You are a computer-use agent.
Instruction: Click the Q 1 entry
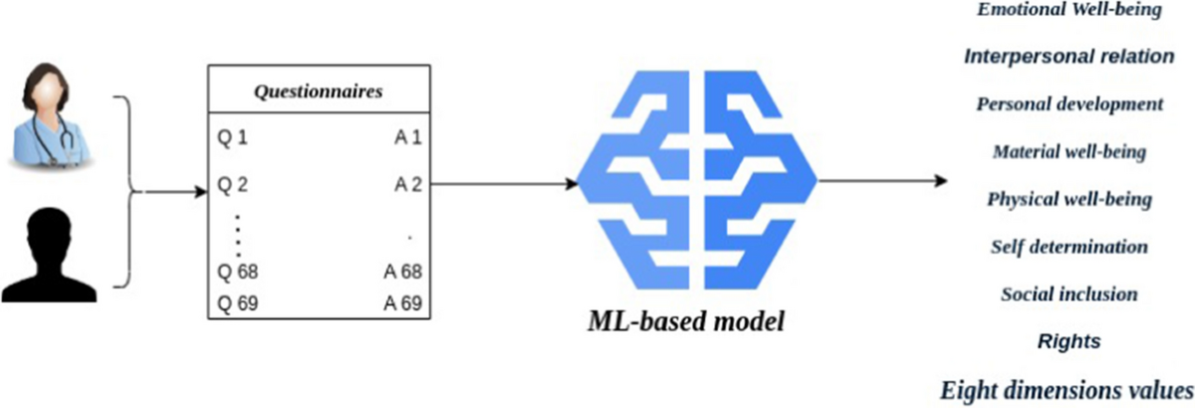[232, 136]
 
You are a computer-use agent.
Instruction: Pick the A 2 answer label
[407, 184]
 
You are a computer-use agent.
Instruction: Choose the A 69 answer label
[403, 304]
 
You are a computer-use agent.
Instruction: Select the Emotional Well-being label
[1070, 10]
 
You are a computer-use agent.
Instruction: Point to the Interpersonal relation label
[1070, 56]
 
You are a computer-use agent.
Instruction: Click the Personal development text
[1070, 103]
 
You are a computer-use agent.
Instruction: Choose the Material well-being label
[1070, 152]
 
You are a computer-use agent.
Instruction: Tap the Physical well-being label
[1070, 199]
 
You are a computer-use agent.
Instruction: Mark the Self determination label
[1070, 246]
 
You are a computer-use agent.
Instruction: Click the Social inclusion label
[1070, 294]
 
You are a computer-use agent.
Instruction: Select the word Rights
[1070, 341]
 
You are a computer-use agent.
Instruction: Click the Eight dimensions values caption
[1066, 387]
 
